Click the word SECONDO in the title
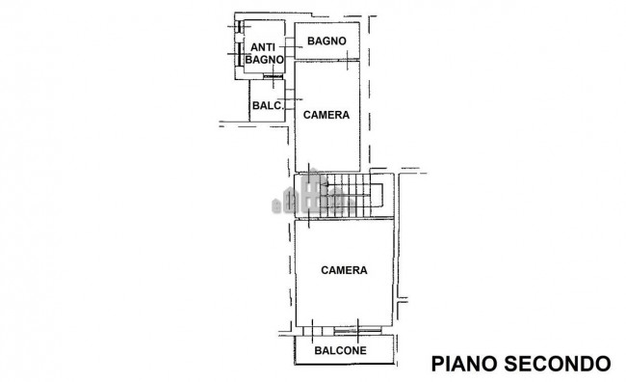tap(559, 363)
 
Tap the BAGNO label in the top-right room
tap(326, 41)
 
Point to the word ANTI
tap(263, 47)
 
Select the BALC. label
tap(266, 106)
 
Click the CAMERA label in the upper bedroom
tap(326, 115)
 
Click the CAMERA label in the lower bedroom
tap(344, 270)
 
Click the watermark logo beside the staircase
tap(313, 197)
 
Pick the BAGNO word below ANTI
tap(263, 60)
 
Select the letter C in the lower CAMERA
tap(325, 270)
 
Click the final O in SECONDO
tap(603, 363)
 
